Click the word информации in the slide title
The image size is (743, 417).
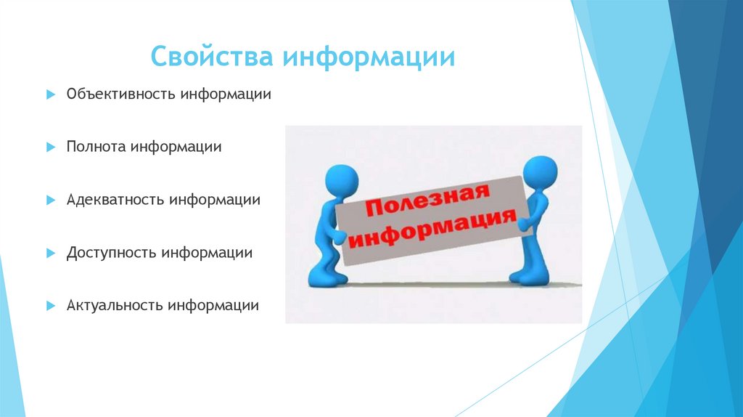coord(369,57)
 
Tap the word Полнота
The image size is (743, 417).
coord(96,147)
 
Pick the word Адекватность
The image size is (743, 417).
coord(115,199)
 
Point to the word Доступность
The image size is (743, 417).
coord(111,253)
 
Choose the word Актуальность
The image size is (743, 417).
coord(115,306)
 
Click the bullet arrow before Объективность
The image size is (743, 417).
coord(51,95)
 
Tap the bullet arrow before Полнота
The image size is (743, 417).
coord(51,147)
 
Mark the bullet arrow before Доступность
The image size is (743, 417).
coord(51,253)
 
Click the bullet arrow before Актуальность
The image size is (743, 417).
coord(51,306)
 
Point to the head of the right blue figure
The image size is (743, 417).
coord(540,172)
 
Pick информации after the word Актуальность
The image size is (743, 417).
coord(213,306)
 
